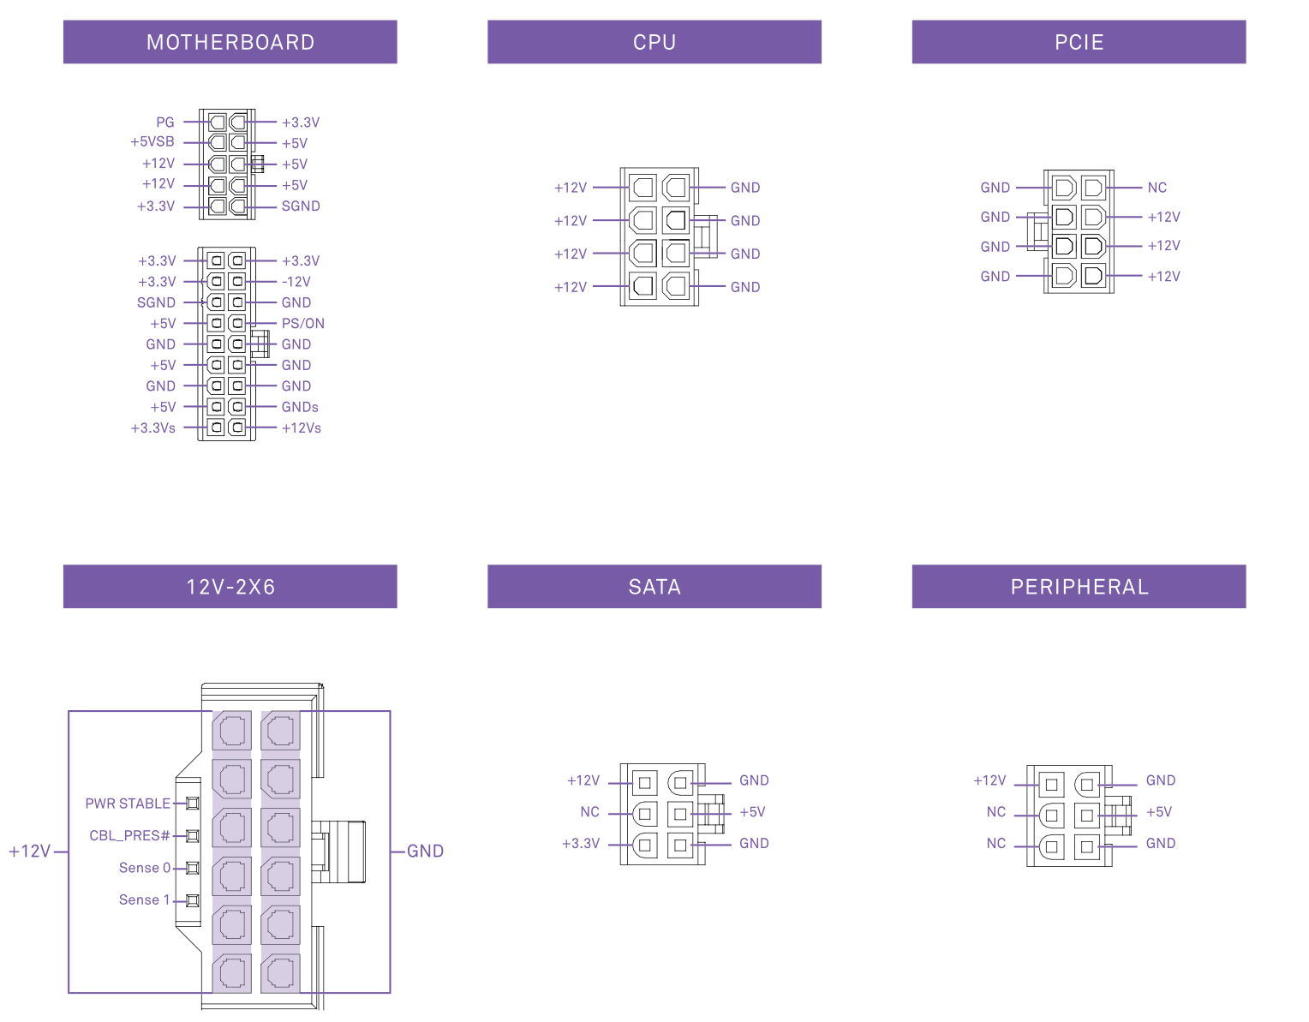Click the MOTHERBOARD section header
pos(230,42)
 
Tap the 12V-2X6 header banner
pos(230,587)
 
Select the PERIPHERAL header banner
pos(1079,587)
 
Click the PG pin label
pos(165,123)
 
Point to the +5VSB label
pos(152,142)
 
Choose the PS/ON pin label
pos(303,324)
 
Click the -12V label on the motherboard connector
pos(296,282)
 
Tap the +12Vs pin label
pos(302,428)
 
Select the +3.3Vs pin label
pos(153,428)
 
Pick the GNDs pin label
pos(300,407)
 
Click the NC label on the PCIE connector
pos(1157,188)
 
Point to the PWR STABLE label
pos(128,804)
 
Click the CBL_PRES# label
pos(129,835)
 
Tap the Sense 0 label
pos(144,868)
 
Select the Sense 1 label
pos(144,899)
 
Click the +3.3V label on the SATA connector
pos(581,844)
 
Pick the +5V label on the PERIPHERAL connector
pos(1159,812)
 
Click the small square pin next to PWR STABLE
pos(193,804)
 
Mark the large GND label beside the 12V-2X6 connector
pos(425,851)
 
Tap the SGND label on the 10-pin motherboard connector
pos(301,206)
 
